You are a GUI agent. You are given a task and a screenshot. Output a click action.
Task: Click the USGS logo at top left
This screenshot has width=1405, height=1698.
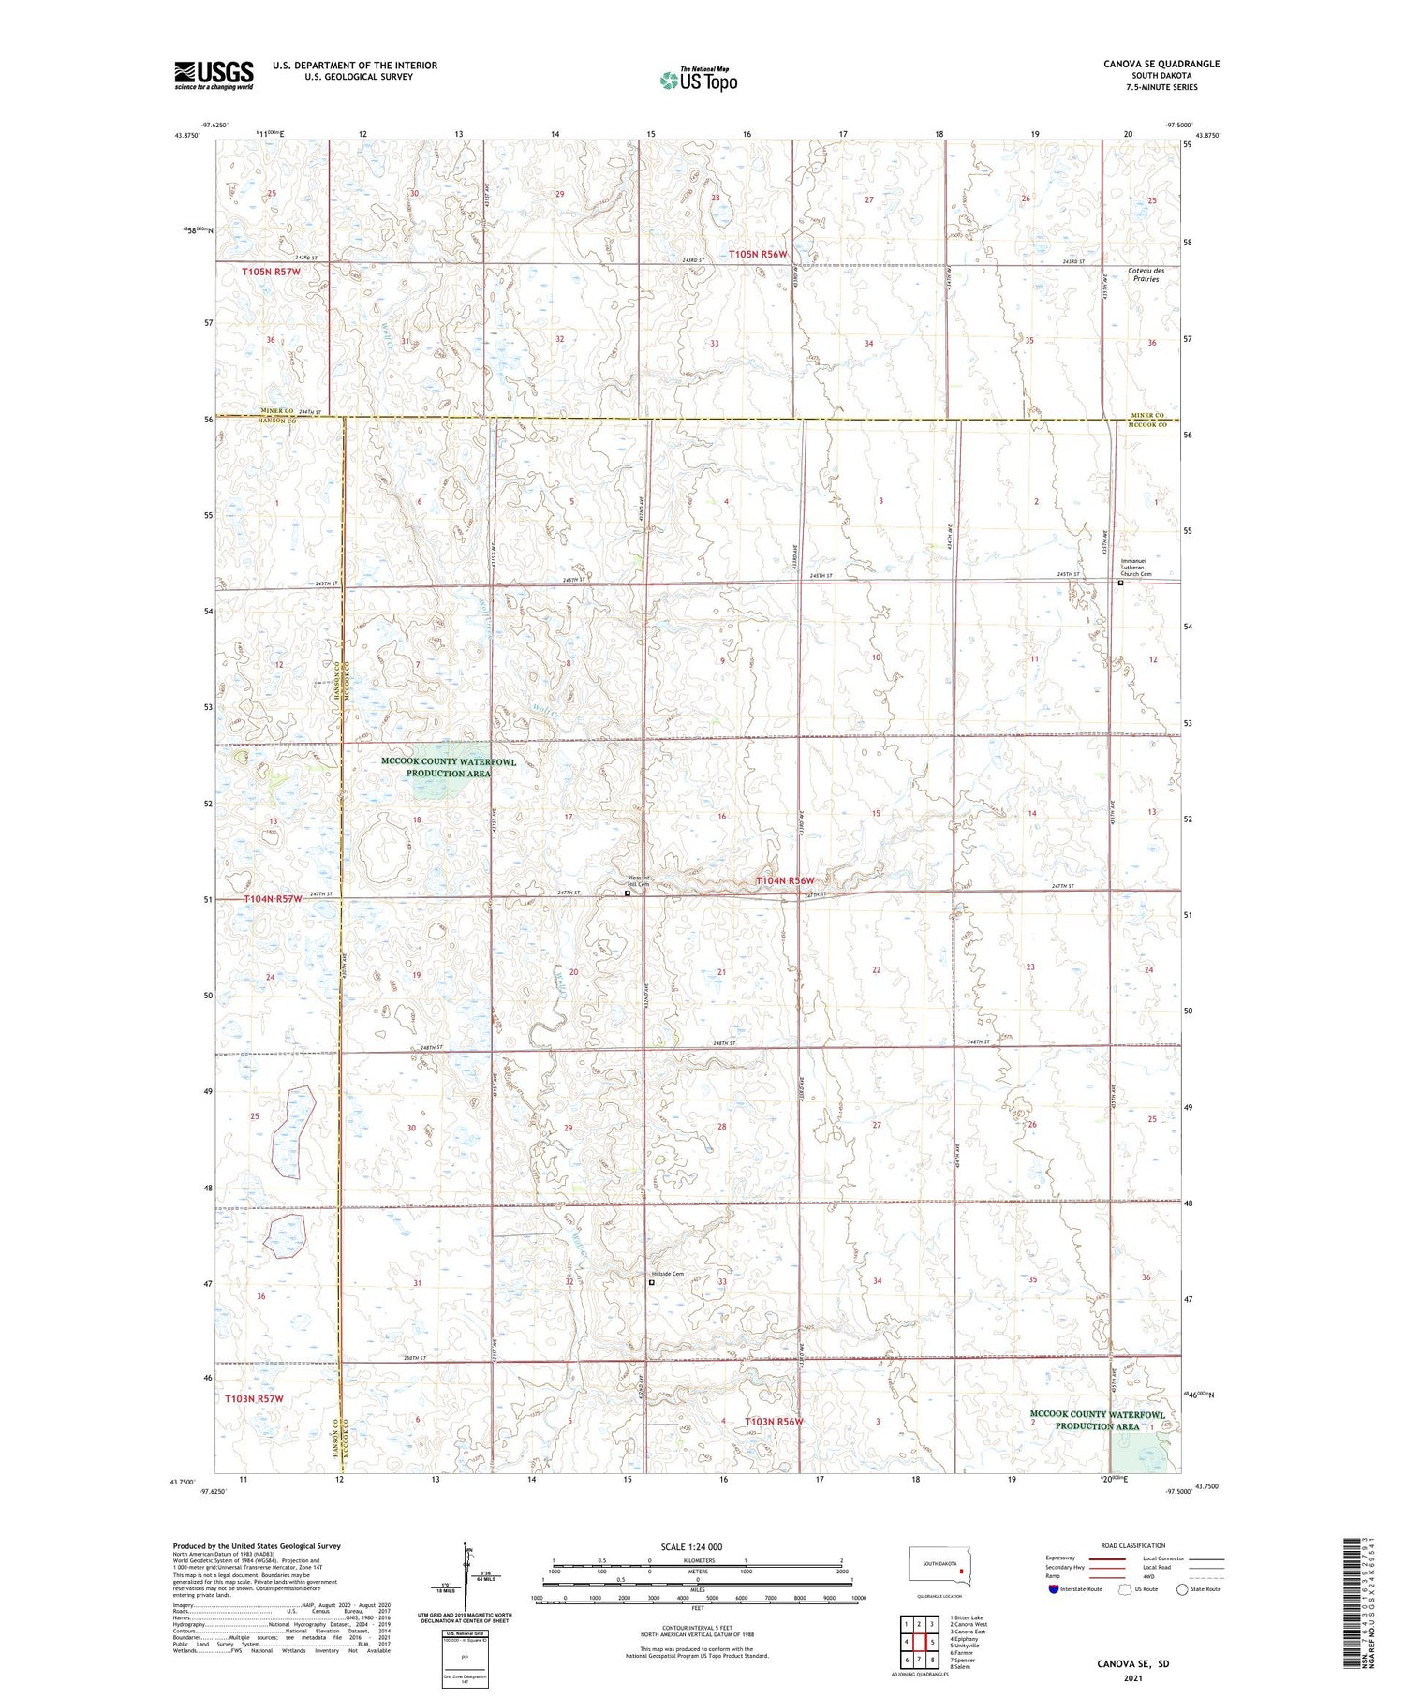point(214,75)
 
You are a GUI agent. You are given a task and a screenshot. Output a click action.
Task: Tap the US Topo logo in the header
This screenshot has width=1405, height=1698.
point(699,81)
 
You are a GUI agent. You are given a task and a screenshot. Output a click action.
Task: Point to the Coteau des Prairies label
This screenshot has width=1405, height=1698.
point(1143,274)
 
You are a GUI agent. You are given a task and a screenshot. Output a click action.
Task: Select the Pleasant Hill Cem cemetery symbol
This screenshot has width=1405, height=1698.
point(628,893)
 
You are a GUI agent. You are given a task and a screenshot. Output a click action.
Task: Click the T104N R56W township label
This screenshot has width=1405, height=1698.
point(785,880)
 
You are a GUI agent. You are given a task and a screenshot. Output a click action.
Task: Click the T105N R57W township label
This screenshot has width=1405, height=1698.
point(271,272)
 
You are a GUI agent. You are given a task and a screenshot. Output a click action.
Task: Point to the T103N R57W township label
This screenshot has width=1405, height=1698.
point(254,1398)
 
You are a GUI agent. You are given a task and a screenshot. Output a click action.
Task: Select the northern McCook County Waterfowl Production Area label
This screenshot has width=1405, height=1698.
point(448,768)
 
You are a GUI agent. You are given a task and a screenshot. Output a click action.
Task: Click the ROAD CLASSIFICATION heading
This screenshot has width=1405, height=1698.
point(1133,1545)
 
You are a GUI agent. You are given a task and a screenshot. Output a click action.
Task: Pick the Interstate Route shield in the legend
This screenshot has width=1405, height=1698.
point(1054,1589)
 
